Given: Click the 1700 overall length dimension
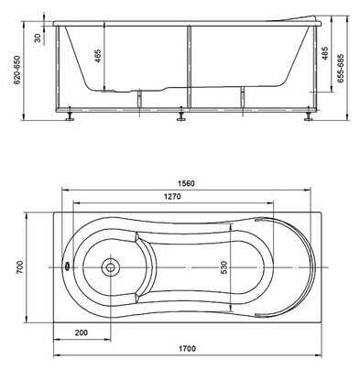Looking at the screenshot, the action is point(187,348).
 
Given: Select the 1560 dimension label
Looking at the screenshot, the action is point(186,183).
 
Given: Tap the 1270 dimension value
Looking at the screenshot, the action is point(172,196).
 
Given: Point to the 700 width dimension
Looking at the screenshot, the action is point(19,267).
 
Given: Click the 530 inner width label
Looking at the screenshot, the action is point(224,267).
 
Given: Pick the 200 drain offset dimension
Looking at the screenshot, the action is point(82,332).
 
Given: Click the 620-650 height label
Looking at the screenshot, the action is point(16,71).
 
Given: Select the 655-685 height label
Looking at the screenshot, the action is point(341,69).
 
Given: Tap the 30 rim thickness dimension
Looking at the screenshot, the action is point(38,38).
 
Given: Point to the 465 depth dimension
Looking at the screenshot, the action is point(98,56).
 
